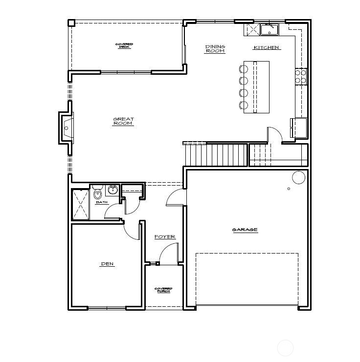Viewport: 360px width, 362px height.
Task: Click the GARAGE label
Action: [245, 230]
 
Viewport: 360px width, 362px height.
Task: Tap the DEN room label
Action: [107, 264]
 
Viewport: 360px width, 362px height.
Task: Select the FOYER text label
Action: [165, 237]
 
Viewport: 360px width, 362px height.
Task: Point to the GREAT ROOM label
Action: [123, 121]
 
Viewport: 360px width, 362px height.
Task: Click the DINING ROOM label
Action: [215, 49]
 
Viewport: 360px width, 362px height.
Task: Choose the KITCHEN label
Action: [267, 48]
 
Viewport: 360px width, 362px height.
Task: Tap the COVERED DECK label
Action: [124, 45]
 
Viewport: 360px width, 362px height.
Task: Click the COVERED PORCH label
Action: [163, 290]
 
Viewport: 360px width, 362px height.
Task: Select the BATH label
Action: [102, 202]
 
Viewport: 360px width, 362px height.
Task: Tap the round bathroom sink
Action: [113, 190]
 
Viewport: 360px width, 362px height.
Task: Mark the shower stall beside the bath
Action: [80, 204]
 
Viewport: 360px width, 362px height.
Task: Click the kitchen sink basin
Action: [269, 30]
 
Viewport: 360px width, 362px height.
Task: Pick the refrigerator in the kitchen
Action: [298, 128]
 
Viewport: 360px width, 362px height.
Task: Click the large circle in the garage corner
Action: [298, 177]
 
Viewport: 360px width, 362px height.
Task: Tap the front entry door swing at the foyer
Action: [167, 254]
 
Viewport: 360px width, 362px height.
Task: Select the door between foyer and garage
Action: [176, 198]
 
